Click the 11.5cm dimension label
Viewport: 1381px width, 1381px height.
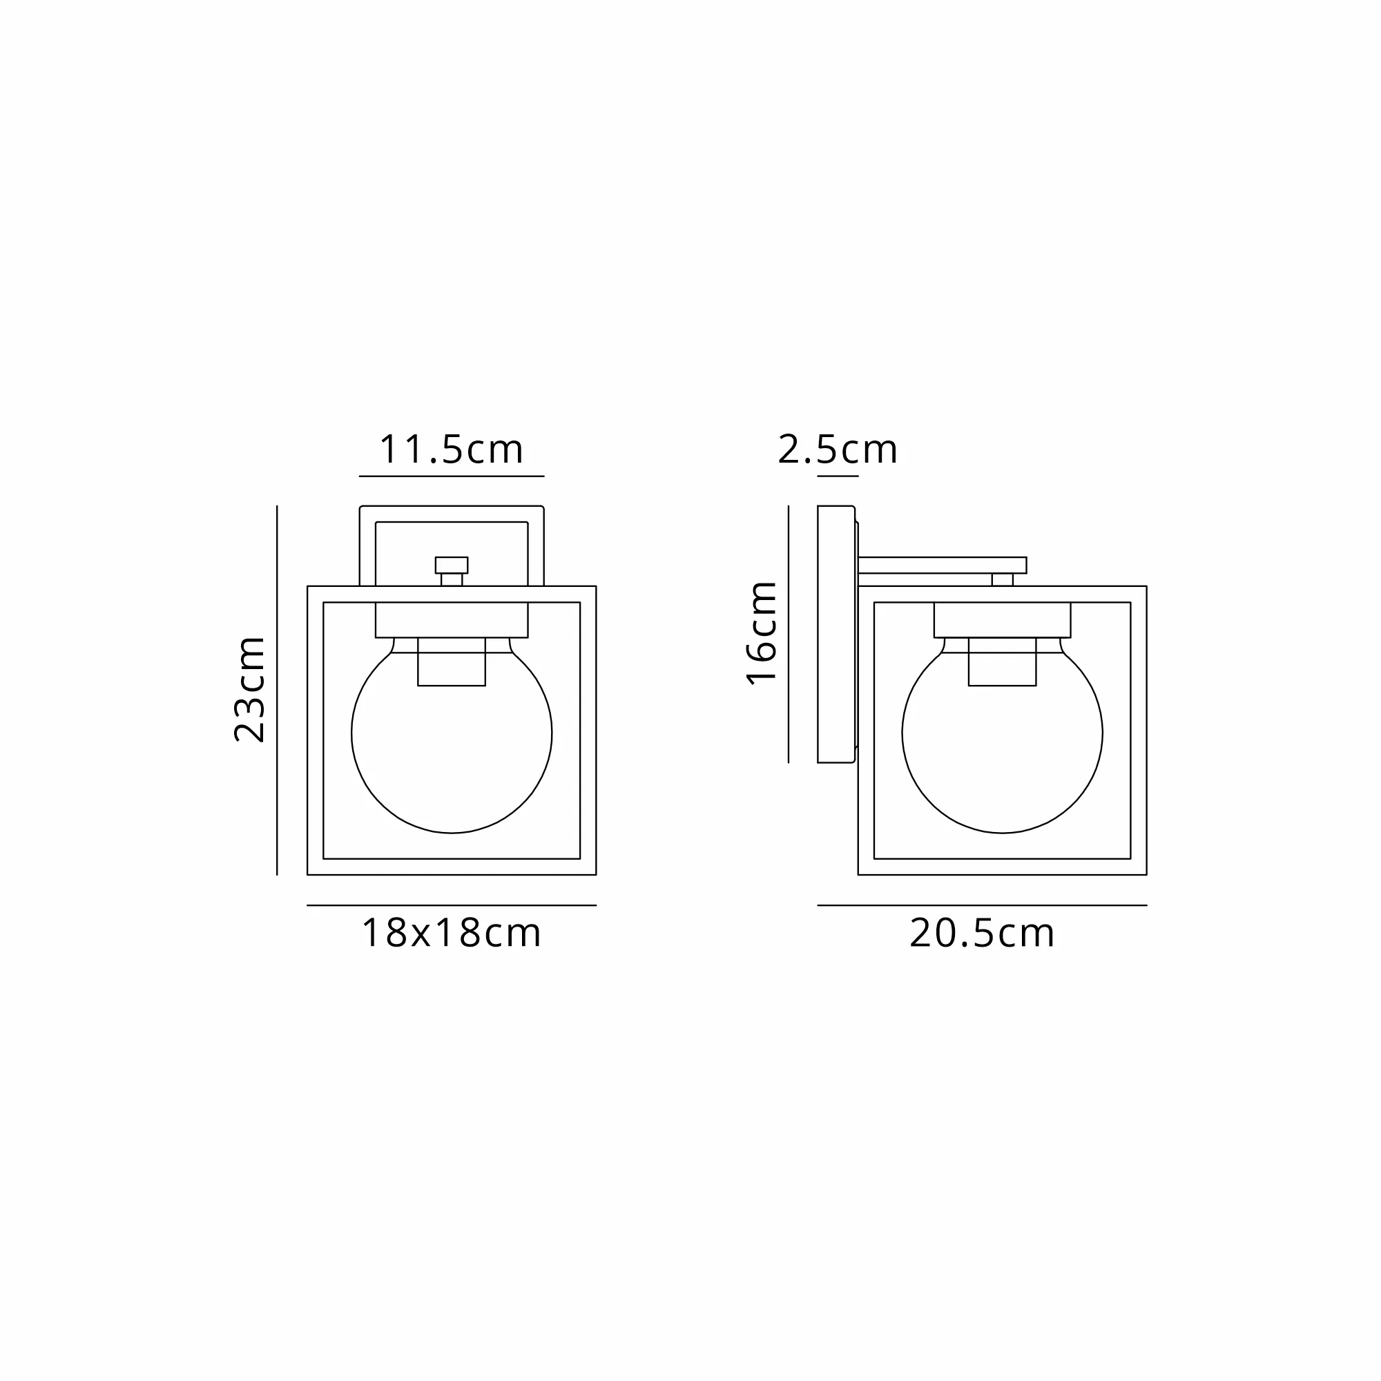(x=451, y=450)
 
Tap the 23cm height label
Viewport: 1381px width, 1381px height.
(x=250, y=690)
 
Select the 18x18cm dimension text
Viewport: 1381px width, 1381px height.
(x=451, y=934)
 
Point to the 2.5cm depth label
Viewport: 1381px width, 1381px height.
(x=838, y=450)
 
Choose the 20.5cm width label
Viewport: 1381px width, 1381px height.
(x=982, y=934)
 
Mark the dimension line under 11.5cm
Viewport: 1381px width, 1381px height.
(x=452, y=476)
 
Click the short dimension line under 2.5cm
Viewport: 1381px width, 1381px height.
(x=838, y=476)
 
